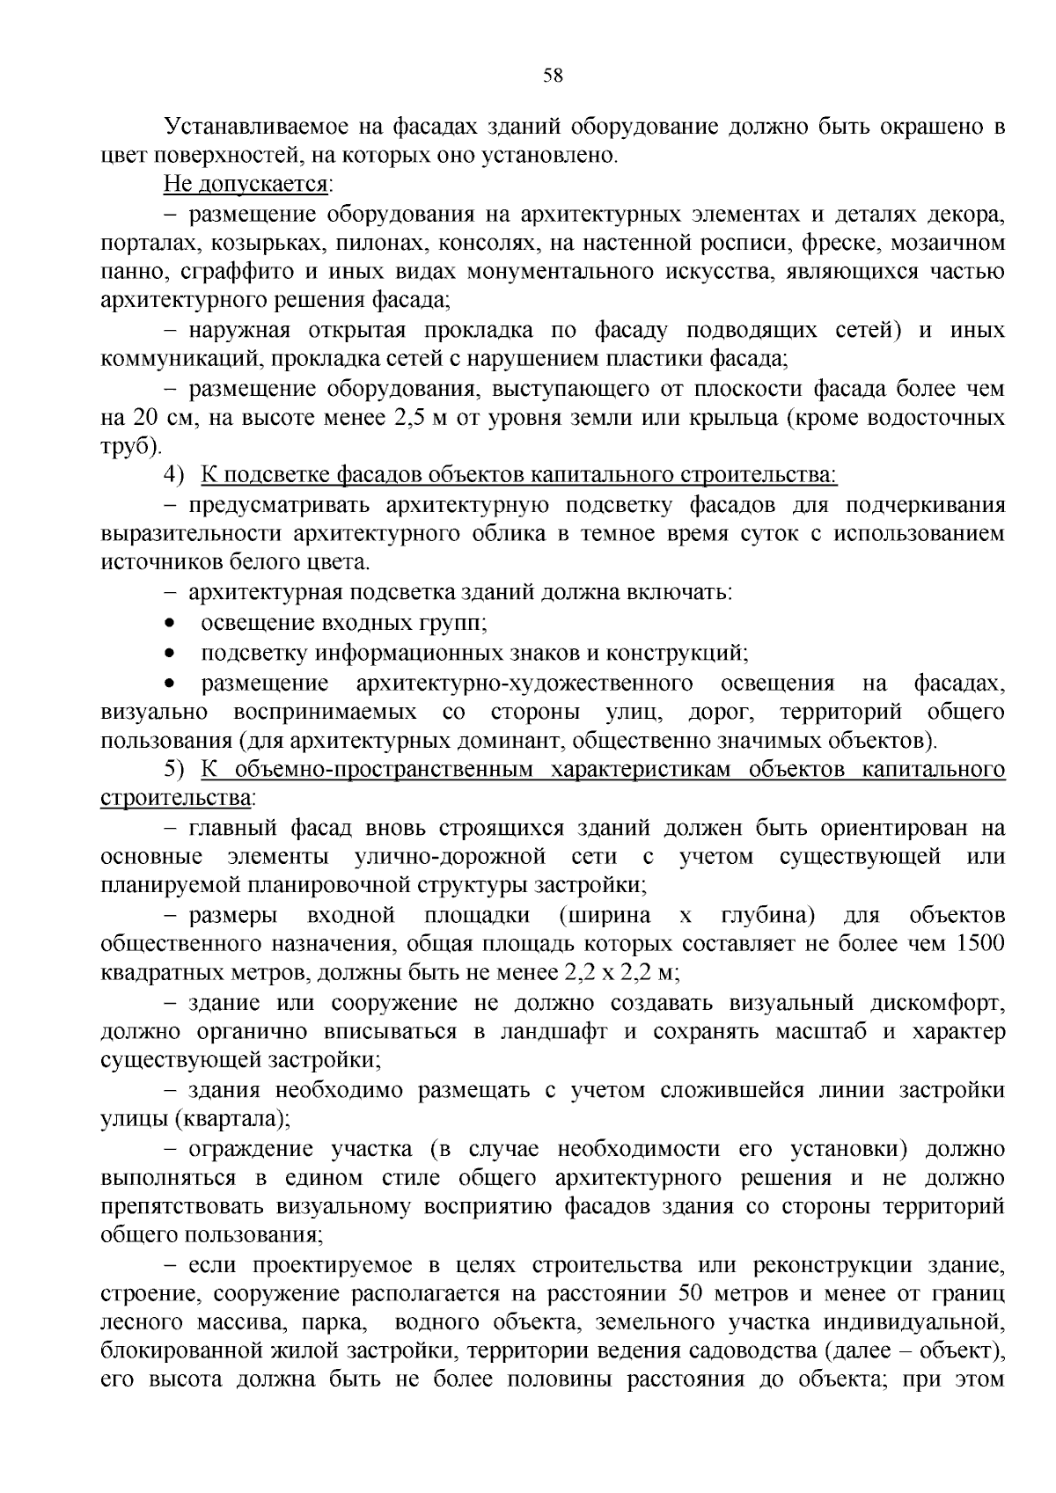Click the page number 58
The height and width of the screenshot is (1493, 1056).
pos(553,75)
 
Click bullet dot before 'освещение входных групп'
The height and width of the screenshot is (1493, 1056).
pos(170,624)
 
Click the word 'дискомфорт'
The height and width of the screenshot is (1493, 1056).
pos(938,1003)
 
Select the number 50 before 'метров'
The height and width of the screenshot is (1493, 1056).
pos(695,1294)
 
